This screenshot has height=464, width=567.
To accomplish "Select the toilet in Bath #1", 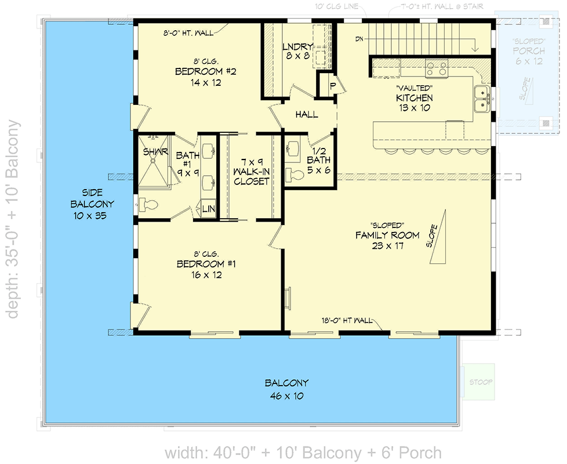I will (149, 204).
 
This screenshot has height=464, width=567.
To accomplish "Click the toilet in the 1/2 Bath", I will (295, 175).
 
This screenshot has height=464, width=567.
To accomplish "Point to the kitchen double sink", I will (481, 99).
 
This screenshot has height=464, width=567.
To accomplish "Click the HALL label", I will (306, 115).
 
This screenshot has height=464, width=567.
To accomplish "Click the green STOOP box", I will (481, 382).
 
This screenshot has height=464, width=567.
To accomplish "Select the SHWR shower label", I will (155, 152).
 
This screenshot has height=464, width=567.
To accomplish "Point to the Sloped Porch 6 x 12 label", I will (528, 52).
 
